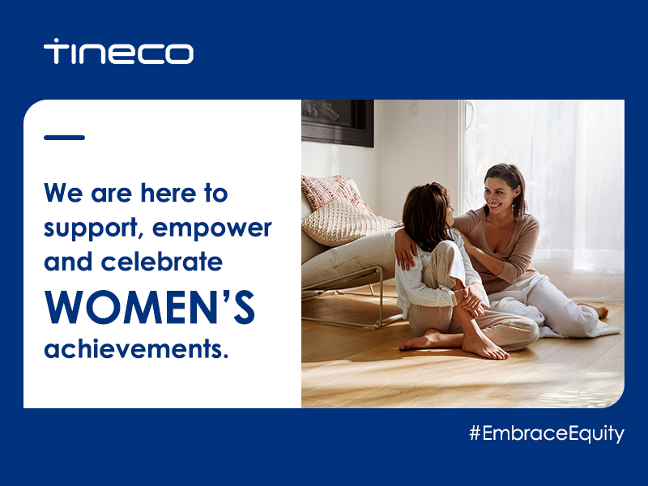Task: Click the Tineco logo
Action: pos(118,51)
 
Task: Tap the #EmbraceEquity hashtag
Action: pos(547,434)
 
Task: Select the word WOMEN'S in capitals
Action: pos(150,307)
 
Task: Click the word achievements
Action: pos(136,349)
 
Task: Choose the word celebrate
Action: pos(162,262)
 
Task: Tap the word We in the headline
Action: pos(64,193)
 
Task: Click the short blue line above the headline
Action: pos(65,138)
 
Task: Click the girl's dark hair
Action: pos(427,215)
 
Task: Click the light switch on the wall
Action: pos(414,109)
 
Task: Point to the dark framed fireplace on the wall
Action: pos(338,123)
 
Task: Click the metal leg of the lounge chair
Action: pos(378,296)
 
